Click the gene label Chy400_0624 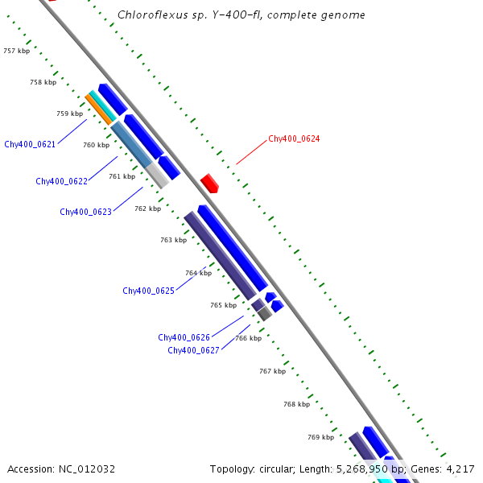point(294,139)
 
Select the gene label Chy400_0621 point(30,144)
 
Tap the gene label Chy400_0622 point(61,181)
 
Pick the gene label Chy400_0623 point(85,212)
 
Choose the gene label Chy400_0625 point(148,291)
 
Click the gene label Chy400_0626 point(184,337)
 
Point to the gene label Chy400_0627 point(193,350)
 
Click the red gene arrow point(209,183)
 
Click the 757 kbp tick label point(16,51)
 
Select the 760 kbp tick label point(96,145)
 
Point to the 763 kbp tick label point(173,240)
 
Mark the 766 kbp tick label point(248,338)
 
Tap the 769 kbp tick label point(320,437)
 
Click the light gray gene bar point(157,175)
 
